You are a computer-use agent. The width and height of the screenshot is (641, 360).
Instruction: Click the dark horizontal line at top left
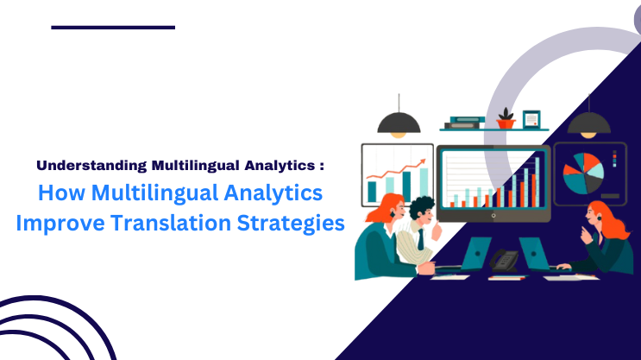(x=113, y=28)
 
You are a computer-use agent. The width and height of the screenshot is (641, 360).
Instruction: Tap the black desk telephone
(x=503, y=259)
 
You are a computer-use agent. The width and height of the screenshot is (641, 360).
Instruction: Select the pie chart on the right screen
(x=583, y=174)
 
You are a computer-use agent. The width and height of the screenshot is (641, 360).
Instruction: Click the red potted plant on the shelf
(x=506, y=119)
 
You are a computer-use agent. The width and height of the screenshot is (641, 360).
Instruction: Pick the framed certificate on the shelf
(x=531, y=118)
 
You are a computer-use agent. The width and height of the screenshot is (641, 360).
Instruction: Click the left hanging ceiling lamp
(x=399, y=125)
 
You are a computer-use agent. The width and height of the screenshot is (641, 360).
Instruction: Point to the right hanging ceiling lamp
(x=589, y=125)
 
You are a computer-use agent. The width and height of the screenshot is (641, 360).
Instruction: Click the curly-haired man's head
(x=422, y=210)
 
